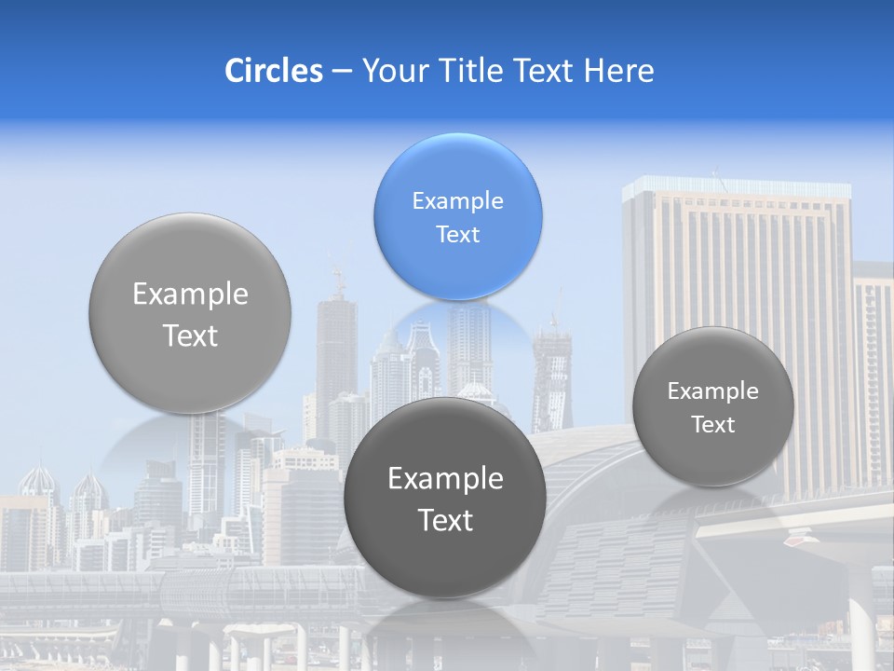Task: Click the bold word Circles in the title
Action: (x=273, y=71)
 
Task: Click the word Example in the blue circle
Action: (x=457, y=200)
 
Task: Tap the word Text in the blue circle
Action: (x=457, y=234)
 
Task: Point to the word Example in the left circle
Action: (x=190, y=294)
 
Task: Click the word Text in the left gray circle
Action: (x=190, y=335)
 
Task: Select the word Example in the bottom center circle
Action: (x=445, y=479)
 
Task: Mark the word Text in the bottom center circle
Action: (x=445, y=520)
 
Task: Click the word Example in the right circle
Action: (x=713, y=391)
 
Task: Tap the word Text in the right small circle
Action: (x=713, y=425)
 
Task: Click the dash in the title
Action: (x=342, y=72)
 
